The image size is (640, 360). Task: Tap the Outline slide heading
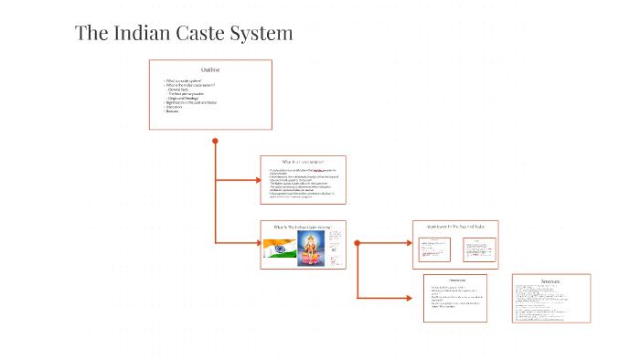coord(210,70)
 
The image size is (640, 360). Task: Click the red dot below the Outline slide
coord(215,141)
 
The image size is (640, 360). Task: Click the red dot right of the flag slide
coord(357,243)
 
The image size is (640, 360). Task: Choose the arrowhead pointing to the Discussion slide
coord(419,298)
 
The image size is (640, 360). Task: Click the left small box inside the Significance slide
coord(434,249)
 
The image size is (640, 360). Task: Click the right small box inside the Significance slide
coord(479,249)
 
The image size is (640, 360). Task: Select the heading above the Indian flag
coord(303,226)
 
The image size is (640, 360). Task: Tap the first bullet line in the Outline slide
coord(182,81)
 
